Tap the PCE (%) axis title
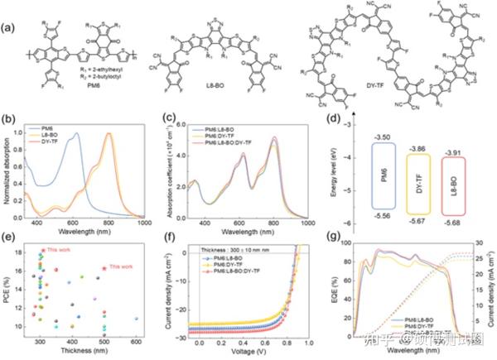point(10,291)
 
